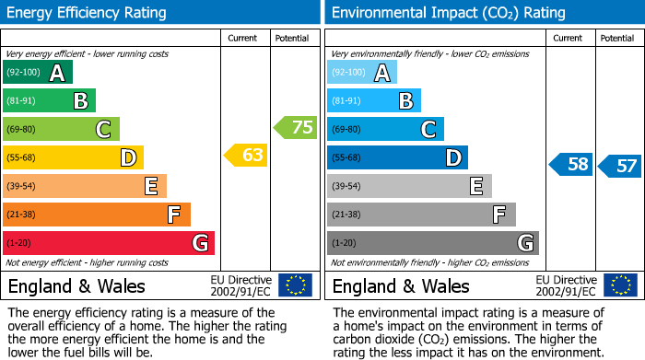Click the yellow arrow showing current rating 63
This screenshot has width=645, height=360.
[246, 156]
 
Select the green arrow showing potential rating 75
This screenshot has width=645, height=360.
[295, 127]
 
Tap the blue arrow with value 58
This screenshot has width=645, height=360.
[570, 165]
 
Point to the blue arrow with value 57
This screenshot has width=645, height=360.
[619, 166]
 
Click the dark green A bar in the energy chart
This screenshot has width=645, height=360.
[37, 72]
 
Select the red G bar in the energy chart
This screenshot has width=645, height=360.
[108, 243]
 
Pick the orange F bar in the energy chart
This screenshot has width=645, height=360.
[96, 215]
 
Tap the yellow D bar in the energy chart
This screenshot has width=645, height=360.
[72, 157]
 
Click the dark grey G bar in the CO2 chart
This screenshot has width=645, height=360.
[432, 243]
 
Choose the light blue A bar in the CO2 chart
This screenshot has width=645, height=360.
[361, 72]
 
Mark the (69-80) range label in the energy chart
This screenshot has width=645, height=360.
[21, 130]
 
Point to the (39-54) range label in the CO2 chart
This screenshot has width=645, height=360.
[346, 187]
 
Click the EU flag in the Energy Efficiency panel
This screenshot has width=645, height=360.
[295, 285]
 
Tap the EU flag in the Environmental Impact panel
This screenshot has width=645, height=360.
[620, 285]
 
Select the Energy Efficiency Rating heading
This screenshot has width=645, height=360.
[87, 13]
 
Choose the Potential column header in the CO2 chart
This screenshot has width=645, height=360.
[617, 38]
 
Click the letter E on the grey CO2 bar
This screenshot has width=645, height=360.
[475, 186]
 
